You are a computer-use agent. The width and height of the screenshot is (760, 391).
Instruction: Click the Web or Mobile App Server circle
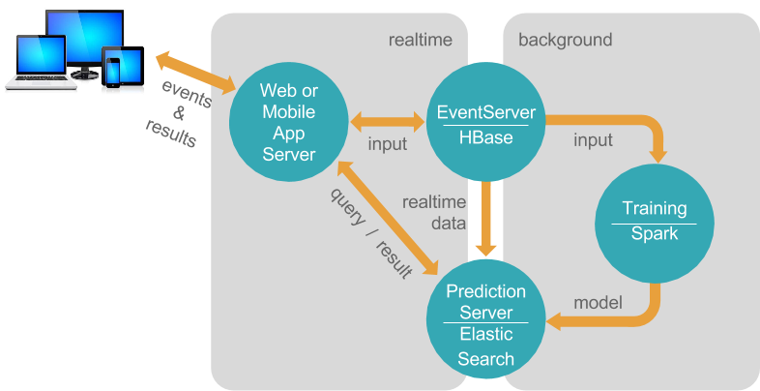point(288,121)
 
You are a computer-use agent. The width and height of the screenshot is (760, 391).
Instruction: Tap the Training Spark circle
point(654,222)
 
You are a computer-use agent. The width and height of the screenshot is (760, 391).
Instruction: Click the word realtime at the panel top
point(421,40)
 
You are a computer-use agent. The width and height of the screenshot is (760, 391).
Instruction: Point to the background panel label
point(565,40)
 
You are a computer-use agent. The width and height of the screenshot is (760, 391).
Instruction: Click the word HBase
point(486,137)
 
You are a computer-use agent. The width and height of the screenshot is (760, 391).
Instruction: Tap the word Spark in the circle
point(654,234)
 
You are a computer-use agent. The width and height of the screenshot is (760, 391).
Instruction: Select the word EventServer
point(486,111)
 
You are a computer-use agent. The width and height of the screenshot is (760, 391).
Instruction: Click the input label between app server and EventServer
point(387,144)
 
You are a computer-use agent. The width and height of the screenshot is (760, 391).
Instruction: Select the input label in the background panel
point(593,140)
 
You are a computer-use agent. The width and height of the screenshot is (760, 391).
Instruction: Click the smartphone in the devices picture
point(114,71)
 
